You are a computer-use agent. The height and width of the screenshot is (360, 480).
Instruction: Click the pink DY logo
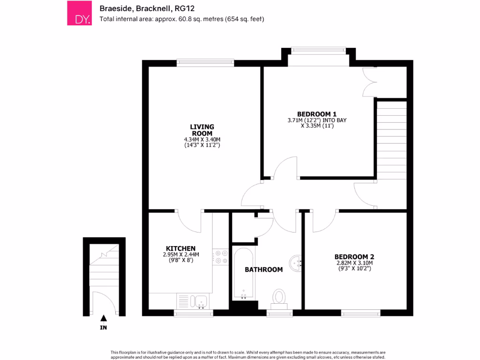pos(79,13)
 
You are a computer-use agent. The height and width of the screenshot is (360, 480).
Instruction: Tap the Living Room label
pos(202,130)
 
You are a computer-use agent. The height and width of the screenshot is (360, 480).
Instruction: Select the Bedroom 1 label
pos(317,114)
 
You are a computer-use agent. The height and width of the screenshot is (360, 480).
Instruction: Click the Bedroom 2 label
pos(354,256)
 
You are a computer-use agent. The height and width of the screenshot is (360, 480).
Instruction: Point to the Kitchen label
pos(180,248)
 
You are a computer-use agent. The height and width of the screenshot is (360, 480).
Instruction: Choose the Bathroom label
pos(264,270)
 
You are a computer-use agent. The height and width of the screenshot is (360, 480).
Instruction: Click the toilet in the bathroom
pos(279,297)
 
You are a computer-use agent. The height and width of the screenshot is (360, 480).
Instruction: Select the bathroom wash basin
pos(296,263)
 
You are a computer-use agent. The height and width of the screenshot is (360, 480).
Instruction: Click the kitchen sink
pos(202,300)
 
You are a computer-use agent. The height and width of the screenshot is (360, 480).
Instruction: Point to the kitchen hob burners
pos(220,257)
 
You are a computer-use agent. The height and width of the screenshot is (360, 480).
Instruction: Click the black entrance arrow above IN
pos(104,318)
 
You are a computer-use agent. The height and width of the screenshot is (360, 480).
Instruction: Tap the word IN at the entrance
pos(104,328)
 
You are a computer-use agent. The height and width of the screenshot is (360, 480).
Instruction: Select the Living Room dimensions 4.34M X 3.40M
pos(202,139)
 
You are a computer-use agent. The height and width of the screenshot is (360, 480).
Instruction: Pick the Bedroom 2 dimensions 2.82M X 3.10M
pos(354,263)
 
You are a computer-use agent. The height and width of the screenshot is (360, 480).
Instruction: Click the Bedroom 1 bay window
pos(318,49)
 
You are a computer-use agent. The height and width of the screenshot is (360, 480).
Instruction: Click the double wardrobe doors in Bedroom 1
pos(369,82)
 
